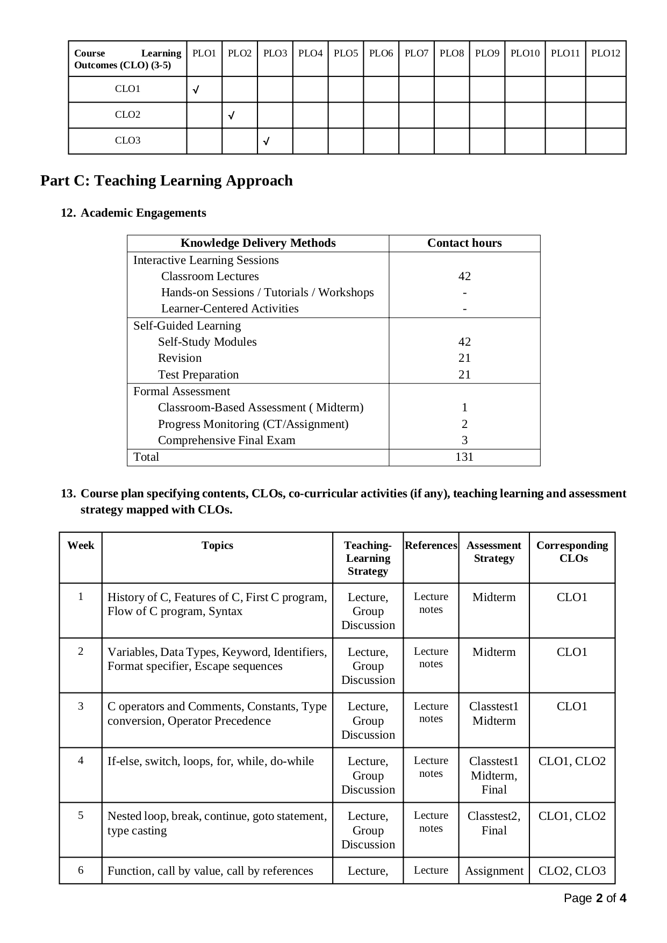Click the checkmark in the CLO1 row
pos(196,90)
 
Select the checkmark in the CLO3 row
pos(266,142)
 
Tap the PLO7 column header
pos(416,53)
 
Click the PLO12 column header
pos(605,53)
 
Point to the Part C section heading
pos(167,181)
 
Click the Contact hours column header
pos(464,243)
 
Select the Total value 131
pos(464,457)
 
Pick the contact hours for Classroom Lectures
pos(464,276)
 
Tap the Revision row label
pos(180,358)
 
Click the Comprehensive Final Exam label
pos(226,440)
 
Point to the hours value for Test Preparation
pos(464,375)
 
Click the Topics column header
pos(217,546)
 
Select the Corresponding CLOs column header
pos(572,552)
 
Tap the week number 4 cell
pos(81,761)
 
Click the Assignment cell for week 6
pos(494,871)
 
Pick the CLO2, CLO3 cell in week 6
pos(572,871)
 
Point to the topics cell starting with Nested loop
pos(217,823)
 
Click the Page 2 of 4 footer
pos(595,898)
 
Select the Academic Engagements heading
pos(143,213)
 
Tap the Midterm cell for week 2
pos(494,652)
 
